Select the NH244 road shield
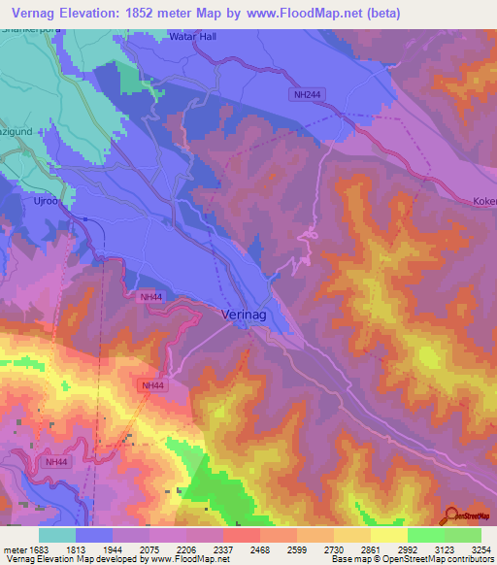point(304,94)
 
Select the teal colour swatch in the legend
point(57,535)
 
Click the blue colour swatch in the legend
point(94,535)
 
